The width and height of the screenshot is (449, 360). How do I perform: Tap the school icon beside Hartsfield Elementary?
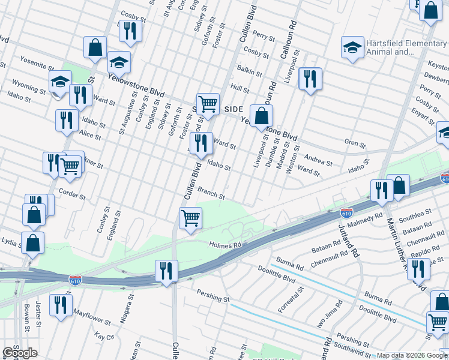pyautogui.click(x=352, y=49)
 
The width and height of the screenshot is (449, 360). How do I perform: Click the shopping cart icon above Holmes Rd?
pyautogui.click(x=190, y=218)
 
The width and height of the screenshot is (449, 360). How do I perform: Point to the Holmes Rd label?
pyautogui.click(x=225, y=245)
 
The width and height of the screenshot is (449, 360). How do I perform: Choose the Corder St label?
pyautogui.click(x=73, y=196)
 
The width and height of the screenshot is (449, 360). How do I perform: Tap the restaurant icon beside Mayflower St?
pyautogui.click(x=60, y=305)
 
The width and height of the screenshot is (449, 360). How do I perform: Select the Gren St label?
pyautogui.click(x=355, y=143)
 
